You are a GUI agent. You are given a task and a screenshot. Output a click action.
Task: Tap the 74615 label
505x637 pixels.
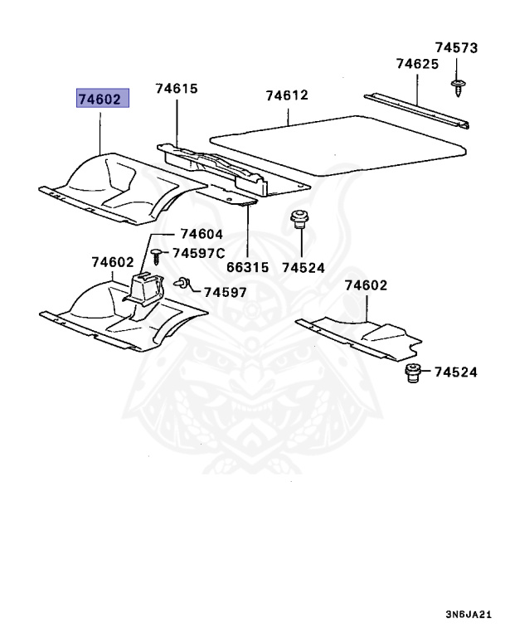pyautogui.click(x=175, y=89)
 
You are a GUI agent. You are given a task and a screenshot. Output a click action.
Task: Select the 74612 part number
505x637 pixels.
pyautogui.click(x=287, y=95)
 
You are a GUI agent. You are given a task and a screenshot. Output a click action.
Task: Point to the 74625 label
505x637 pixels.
pyautogui.click(x=417, y=64)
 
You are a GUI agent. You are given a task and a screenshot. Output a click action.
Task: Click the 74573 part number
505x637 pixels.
pyautogui.click(x=457, y=49)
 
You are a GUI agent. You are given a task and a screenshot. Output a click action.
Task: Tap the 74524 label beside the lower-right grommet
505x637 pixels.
pyautogui.click(x=455, y=372)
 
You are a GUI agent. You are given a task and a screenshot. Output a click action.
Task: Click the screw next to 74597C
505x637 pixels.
pyautogui.click(x=156, y=251)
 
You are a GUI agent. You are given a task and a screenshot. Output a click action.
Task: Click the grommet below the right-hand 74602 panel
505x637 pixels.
pyautogui.click(x=413, y=372)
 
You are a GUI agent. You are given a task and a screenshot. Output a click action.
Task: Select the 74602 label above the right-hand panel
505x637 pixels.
pyautogui.click(x=366, y=286)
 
